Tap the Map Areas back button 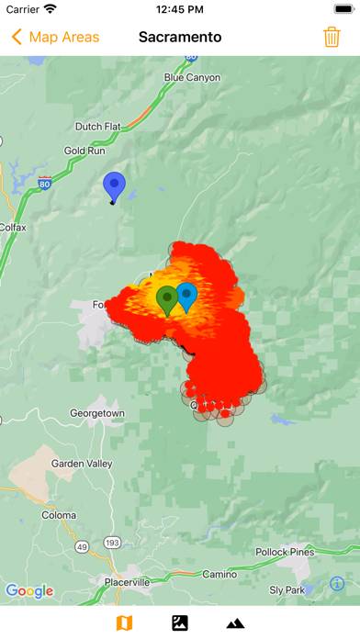pyautogui.click(x=55, y=38)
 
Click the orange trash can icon pyautogui.click(x=332, y=38)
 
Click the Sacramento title pyautogui.click(x=180, y=38)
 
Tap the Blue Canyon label pyautogui.click(x=192, y=78)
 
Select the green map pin pyautogui.click(x=166, y=298)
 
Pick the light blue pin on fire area pyautogui.click(x=187, y=296)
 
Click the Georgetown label pyautogui.click(x=97, y=414)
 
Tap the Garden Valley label pyautogui.click(x=82, y=464)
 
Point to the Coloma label pyautogui.click(x=59, y=515)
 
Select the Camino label pyautogui.click(x=219, y=574)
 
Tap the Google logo pyautogui.click(x=29, y=591)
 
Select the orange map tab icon pyautogui.click(x=124, y=623)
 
